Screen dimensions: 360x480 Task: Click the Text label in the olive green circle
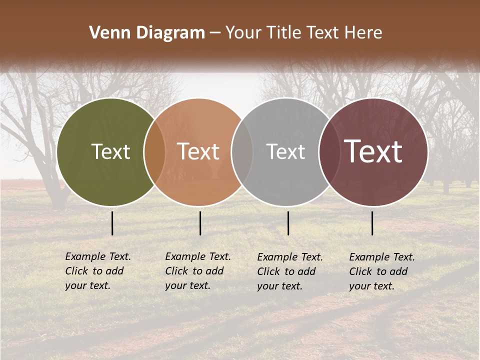coord(110,152)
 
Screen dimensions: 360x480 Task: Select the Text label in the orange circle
coord(198,152)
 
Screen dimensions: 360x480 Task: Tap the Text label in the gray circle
coord(285,152)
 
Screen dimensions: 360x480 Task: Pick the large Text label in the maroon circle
coord(373,151)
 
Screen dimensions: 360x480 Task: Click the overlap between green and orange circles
coord(154,152)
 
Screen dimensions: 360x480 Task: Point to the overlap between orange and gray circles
coord(242,152)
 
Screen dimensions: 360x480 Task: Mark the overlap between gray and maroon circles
coord(329,152)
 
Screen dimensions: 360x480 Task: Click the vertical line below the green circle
coord(112,223)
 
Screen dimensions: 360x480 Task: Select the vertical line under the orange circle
coord(200,223)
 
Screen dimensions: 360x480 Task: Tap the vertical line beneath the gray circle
coord(288,223)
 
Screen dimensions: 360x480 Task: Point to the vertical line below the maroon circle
coord(372,223)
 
